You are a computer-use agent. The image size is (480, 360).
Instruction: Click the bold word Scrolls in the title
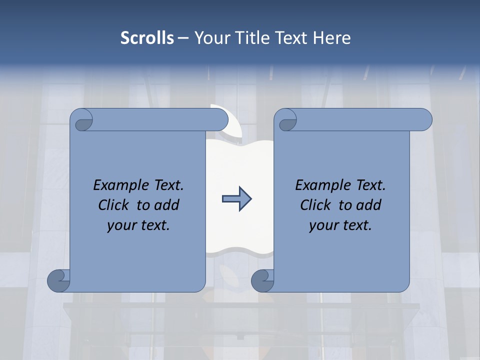(x=147, y=38)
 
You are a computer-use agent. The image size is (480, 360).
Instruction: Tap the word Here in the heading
(x=331, y=38)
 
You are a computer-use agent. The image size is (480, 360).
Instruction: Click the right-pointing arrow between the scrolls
(x=236, y=199)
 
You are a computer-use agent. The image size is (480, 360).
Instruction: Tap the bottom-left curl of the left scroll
(x=58, y=280)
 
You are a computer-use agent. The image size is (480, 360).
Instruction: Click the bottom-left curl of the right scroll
(x=262, y=280)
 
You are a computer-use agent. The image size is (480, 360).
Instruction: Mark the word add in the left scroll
(x=167, y=205)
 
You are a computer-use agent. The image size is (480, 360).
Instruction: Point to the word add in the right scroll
(x=369, y=205)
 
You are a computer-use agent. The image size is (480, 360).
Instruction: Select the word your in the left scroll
(x=120, y=226)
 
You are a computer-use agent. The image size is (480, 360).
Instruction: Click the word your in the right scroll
(x=322, y=226)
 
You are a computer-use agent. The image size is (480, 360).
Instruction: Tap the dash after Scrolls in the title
(x=183, y=38)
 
